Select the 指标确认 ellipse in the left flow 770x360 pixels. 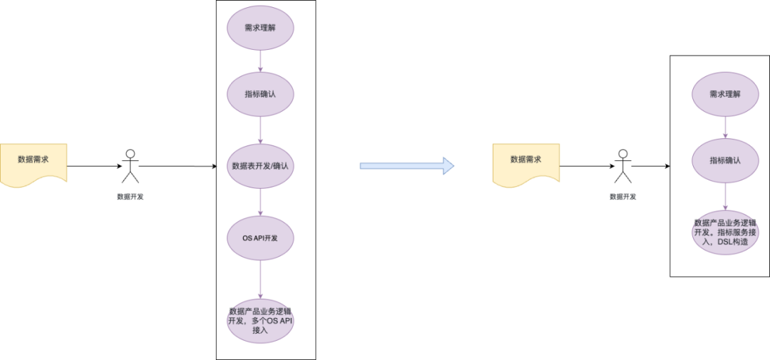(x=260, y=94)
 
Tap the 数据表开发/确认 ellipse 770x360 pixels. (x=260, y=166)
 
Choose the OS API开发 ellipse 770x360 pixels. (x=260, y=237)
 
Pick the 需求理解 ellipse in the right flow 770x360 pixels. (x=725, y=93)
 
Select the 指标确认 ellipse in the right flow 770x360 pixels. (x=725, y=160)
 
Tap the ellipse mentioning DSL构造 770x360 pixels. (x=725, y=232)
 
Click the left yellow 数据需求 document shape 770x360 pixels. (x=34, y=163)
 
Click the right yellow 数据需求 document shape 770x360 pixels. (x=526, y=163)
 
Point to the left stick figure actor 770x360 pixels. (x=130, y=167)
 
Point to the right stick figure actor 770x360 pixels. (x=622, y=167)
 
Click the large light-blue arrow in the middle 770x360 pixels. (x=406, y=166)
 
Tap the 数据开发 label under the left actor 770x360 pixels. (x=130, y=197)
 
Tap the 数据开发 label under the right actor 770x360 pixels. (x=622, y=197)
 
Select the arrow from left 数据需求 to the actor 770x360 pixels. (x=94, y=166)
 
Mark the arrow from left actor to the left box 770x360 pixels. (x=177, y=166)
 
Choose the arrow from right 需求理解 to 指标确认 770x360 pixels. (x=725, y=127)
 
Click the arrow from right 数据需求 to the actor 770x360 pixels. (x=586, y=166)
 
